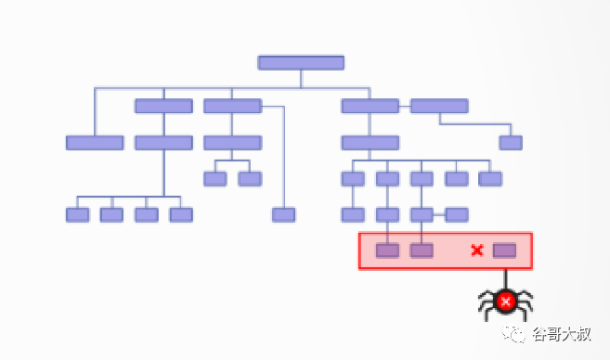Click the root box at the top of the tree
coord(301,62)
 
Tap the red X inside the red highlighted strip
coord(477,251)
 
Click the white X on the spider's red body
coord(506,301)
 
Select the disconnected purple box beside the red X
coord(504,251)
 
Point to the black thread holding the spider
coord(506,280)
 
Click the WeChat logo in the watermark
coord(513,333)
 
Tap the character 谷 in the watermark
coord(540,334)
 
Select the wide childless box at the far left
coord(95,143)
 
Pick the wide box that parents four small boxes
coord(163,143)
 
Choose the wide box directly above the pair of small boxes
coord(233,143)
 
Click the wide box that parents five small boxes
coord(370,143)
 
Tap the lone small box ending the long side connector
coord(283,215)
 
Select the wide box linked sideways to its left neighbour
coord(439,106)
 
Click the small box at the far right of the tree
coord(511,143)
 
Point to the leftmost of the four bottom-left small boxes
coord(77,215)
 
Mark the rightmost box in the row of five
coord(490,179)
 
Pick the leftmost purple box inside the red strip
coord(387,251)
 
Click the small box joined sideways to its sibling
coord(456,215)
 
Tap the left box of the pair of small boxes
coord(215,179)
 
